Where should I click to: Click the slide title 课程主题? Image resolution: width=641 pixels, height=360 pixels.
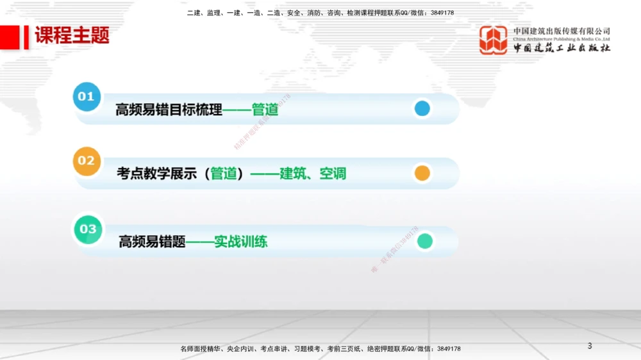tap(72, 36)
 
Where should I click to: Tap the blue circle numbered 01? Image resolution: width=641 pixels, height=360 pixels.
tap(87, 97)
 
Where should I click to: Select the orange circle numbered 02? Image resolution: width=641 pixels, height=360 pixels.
tap(87, 161)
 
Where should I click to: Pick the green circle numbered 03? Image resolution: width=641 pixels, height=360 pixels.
tap(88, 229)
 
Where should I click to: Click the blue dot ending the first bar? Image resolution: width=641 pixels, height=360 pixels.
tap(422, 109)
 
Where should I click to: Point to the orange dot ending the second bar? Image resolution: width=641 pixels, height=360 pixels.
tap(422, 173)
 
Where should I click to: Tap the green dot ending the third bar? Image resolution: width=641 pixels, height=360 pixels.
tap(424, 241)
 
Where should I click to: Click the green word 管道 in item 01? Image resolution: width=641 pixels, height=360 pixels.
tap(265, 110)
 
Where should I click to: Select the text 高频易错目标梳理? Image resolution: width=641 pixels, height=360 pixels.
tap(169, 110)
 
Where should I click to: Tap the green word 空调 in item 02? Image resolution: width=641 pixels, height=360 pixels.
tap(333, 174)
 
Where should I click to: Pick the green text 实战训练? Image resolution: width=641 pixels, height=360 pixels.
tap(241, 242)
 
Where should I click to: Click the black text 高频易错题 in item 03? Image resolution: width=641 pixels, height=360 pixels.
tap(152, 242)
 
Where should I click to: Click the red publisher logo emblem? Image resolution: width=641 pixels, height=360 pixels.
tap(494, 40)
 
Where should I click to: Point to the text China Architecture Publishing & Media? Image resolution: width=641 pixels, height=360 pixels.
tap(562, 39)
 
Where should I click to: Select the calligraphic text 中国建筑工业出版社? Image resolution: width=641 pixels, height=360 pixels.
tap(562, 48)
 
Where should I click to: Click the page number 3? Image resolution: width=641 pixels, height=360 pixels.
tap(590, 347)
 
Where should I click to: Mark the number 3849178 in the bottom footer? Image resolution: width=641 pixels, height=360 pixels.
tap(449, 349)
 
